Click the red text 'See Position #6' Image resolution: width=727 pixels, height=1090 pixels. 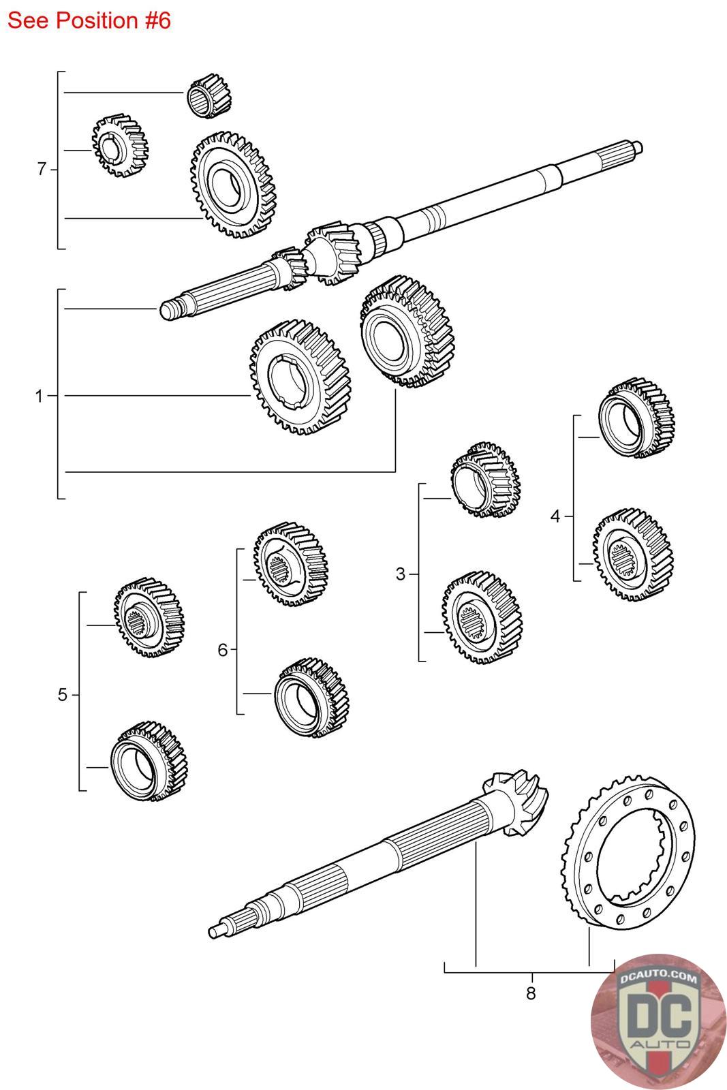click(x=89, y=20)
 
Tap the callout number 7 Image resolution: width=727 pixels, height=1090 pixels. click(x=42, y=168)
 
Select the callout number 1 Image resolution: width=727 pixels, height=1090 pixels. click(x=40, y=396)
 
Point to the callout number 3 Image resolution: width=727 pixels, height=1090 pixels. click(x=400, y=574)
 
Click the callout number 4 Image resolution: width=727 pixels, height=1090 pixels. click(x=555, y=516)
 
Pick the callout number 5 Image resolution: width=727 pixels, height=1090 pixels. click(x=63, y=696)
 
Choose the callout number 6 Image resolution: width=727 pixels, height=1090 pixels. click(x=222, y=650)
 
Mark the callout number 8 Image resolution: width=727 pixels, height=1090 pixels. click(x=531, y=993)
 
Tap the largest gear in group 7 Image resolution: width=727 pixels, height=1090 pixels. click(x=232, y=185)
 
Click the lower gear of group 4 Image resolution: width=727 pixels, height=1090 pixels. click(x=633, y=550)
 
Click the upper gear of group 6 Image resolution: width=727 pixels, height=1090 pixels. click(x=289, y=564)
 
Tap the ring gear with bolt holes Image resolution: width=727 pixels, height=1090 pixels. click(x=628, y=856)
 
